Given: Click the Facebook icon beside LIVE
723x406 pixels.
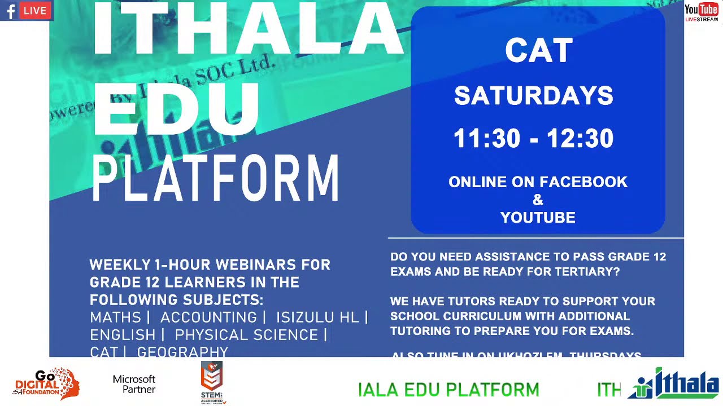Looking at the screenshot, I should coord(11,11).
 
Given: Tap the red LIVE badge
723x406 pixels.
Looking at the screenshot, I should coord(35,11).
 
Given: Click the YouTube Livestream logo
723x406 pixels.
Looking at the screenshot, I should coord(701,12).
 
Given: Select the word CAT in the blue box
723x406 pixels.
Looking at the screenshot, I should coord(539,51).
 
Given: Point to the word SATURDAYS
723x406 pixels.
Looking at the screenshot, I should coord(534,96).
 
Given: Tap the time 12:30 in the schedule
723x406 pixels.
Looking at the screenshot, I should coord(580,139).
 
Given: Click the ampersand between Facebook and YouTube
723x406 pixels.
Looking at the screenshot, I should coord(538,200).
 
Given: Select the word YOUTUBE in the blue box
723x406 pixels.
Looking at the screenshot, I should coord(538,218).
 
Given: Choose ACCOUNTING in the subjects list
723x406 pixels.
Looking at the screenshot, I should coord(208,317).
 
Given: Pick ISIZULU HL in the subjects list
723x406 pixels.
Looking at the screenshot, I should coord(317,317).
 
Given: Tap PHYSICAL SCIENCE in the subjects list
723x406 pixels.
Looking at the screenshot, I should coord(246,335).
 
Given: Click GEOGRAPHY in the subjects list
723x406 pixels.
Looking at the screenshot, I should coord(182,352).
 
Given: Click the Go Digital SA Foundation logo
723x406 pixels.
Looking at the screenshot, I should coord(46,383).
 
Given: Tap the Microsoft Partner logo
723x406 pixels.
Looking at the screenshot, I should coord(134,383).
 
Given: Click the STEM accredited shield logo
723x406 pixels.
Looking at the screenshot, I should coord(212,382).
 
